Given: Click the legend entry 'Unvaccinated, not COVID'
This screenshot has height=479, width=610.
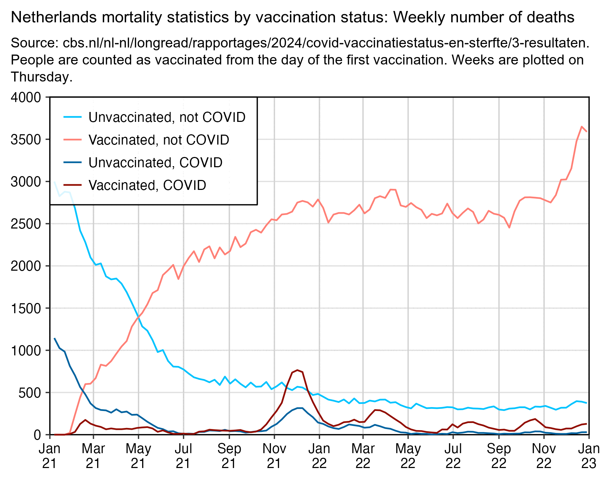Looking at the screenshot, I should pyautogui.click(x=167, y=117).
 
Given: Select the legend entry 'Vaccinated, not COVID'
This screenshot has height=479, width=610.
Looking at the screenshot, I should pyautogui.click(x=158, y=140).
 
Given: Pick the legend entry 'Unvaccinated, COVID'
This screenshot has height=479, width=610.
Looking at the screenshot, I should pyautogui.click(x=155, y=163).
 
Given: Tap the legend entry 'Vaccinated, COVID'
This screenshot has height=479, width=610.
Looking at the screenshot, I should pyautogui.click(x=147, y=185).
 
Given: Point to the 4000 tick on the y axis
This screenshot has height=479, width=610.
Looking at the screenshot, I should pyautogui.click(x=26, y=97).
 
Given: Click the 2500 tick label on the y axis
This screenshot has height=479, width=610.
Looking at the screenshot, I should pyautogui.click(x=26, y=224).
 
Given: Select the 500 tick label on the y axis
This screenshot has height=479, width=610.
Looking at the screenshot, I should pyautogui.click(x=30, y=393).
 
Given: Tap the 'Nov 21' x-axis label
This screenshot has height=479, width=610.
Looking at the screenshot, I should pyautogui.click(x=274, y=456).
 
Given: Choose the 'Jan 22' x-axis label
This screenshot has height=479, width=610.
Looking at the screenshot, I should pyautogui.click(x=319, y=456).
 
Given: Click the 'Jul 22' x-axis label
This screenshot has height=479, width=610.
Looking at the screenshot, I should pyautogui.click(x=453, y=456).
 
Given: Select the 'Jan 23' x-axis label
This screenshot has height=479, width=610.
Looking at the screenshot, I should pyautogui.click(x=589, y=456).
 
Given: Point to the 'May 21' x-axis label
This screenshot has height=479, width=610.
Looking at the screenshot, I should pyautogui.click(x=138, y=456).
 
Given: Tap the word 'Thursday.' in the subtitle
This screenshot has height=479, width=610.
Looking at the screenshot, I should pyautogui.click(x=42, y=77).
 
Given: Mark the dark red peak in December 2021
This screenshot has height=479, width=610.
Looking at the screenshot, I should pyautogui.click(x=297, y=370).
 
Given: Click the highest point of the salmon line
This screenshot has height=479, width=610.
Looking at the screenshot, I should pyautogui.click(x=582, y=126).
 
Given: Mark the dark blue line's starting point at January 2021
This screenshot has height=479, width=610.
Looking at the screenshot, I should pyautogui.click(x=54, y=338).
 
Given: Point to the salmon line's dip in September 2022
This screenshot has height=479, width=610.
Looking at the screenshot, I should pyautogui.click(x=509, y=227).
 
